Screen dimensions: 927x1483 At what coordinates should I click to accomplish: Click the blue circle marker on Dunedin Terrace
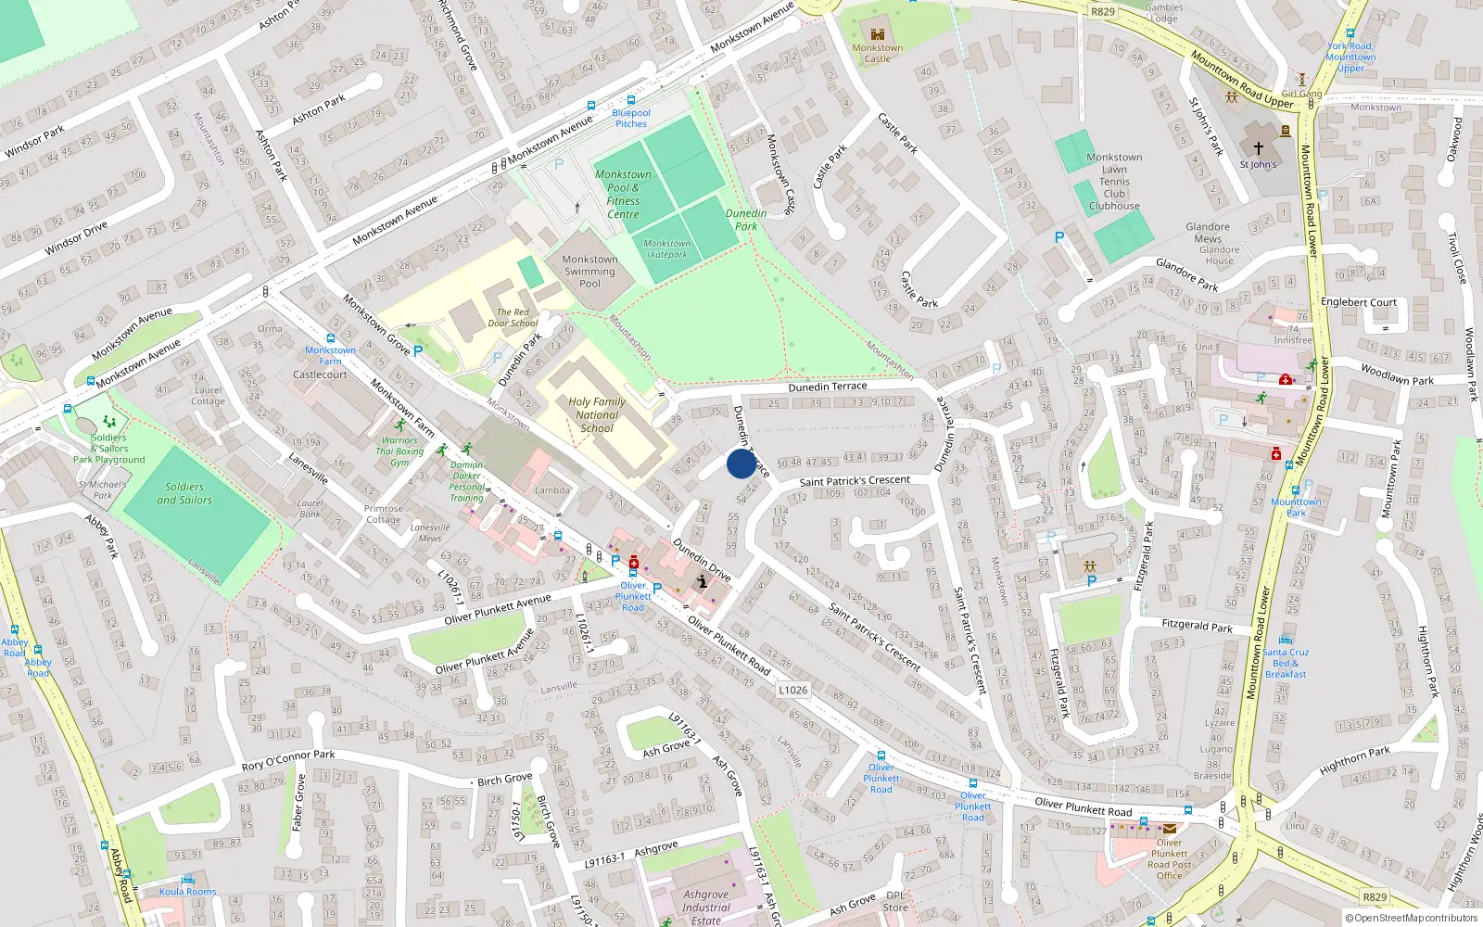[x=741, y=463]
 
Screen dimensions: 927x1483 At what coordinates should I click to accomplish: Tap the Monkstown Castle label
[x=877, y=53]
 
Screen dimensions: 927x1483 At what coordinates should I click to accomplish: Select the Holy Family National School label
[x=597, y=415]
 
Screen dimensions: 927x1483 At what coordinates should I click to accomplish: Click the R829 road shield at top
[x=1103, y=12]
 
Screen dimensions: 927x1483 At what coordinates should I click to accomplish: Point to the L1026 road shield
[x=792, y=690]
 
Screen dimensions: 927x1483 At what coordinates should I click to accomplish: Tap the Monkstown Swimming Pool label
[x=589, y=272]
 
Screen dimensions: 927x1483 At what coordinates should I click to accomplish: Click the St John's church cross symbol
[x=1259, y=147]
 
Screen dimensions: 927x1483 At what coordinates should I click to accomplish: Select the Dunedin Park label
[x=746, y=220]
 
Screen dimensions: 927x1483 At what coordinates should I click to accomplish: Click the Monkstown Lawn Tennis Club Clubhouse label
[x=1114, y=182]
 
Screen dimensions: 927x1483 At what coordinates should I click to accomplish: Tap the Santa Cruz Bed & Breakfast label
[x=1286, y=663]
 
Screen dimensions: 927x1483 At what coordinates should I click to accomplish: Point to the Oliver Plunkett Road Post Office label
[x=1169, y=859]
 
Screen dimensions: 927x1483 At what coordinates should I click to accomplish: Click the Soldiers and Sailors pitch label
[x=184, y=493]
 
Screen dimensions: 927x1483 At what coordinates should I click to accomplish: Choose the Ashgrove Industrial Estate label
[x=706, y=908]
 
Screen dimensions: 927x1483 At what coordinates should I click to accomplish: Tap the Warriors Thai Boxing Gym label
[x=399, y=451]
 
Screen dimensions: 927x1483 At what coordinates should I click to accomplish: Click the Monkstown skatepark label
[x=667, y=248]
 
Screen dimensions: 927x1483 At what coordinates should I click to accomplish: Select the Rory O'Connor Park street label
[x=288, y=760]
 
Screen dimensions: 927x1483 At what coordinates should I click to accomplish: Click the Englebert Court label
[x=1358, y=302]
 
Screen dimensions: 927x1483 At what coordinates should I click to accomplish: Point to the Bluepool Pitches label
[x=631, y=118]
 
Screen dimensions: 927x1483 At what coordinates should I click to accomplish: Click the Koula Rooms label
[x=187, y=892]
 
